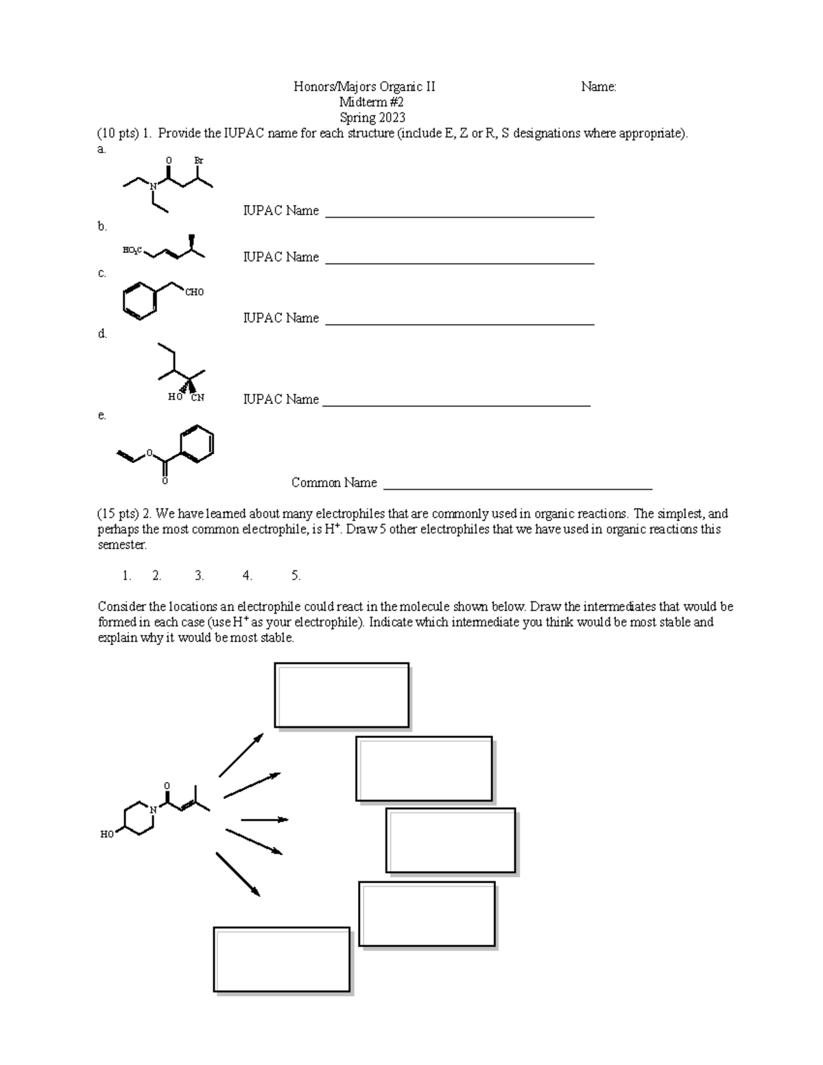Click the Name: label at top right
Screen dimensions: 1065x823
(x=598, y=86)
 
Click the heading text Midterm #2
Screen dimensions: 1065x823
(x=372, y=102)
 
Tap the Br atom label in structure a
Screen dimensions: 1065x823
(x=199, y=160)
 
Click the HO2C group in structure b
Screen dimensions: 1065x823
(x=132, y=250)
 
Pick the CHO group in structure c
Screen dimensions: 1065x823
(x=194, y=292)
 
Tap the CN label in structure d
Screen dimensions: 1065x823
(x=198, y=397)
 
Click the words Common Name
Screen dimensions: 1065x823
(x=334, y=483)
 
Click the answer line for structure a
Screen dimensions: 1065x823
(x=459, y=215)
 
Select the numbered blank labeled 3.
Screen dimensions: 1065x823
(x=199, y=576)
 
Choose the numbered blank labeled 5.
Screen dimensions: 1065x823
(x=296, y=576)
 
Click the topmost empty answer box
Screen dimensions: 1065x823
(x=342, y=695)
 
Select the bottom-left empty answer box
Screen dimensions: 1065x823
(x=282, y=959)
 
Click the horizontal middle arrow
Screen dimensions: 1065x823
(x=264, y=819)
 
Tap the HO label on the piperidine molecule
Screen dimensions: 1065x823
(x=107, y=835)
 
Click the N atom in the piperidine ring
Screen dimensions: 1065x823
(x=154, y=810)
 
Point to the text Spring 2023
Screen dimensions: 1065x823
(x=372, y=118)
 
